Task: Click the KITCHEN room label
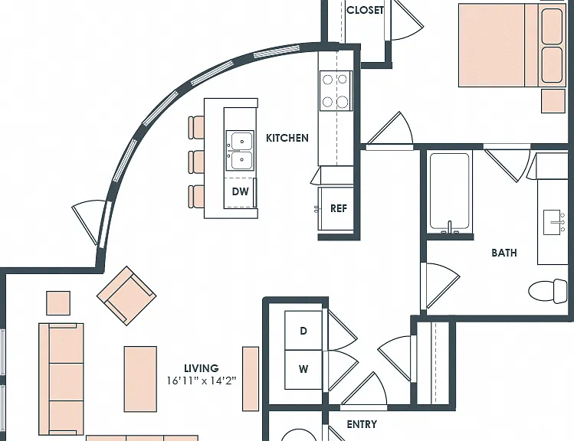(287, 138)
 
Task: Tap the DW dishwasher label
(240, 191)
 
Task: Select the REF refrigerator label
(338, 208)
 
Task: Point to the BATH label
(504, 253)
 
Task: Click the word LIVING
(202, 368)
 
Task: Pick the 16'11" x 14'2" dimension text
(202, 381)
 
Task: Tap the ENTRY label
(362, 424)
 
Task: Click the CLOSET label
(365, 10)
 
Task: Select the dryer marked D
(303, 331)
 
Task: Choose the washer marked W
(303, 370)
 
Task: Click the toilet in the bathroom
(548, 291)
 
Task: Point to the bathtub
(450, 193)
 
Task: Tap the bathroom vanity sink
(552, 222)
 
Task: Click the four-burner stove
(336, 90)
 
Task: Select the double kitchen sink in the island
(240, 151)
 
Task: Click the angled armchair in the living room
(126, 296)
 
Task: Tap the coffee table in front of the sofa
(140, 379)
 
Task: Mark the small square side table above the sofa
(58, 302)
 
